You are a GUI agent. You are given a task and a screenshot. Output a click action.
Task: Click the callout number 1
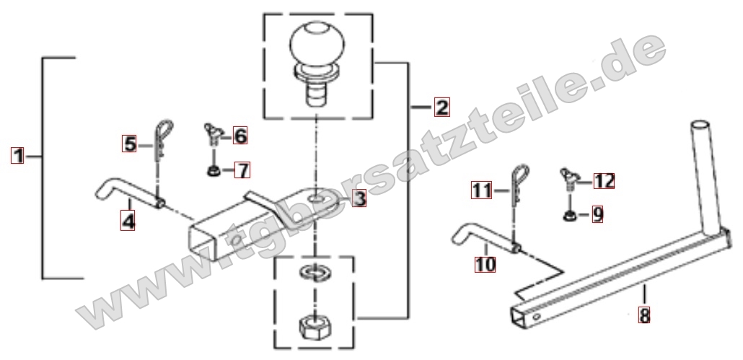click(18, 155)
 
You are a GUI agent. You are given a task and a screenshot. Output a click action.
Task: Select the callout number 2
click(441, 107)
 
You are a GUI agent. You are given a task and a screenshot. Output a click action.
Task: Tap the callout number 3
click(360, 198)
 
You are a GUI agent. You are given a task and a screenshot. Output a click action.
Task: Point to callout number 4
click(128, 221)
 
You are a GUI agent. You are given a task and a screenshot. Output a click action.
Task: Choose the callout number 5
click(129, 144)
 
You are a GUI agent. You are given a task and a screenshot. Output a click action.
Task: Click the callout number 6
click(240, 136)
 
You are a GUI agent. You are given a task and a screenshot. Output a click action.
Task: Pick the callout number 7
click(242, 170)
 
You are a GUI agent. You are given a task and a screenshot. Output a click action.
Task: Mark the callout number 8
click(644, 315)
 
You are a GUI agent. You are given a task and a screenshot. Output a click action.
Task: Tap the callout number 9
click(598, 214)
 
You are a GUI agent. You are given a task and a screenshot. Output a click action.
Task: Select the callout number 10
click(485, 264)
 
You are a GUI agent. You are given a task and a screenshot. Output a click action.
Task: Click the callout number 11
click(482, 190)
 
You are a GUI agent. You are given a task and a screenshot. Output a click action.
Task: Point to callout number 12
click(604, 180)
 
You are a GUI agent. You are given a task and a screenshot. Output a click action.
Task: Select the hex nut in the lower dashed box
click(315, 327)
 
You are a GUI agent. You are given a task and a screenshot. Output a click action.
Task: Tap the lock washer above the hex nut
click(315, 273)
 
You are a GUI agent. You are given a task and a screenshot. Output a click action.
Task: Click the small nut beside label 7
click(214, 170)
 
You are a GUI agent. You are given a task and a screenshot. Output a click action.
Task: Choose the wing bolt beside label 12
click(568, 179)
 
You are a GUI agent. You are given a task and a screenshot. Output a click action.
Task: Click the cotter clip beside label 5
click(162, 140)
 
